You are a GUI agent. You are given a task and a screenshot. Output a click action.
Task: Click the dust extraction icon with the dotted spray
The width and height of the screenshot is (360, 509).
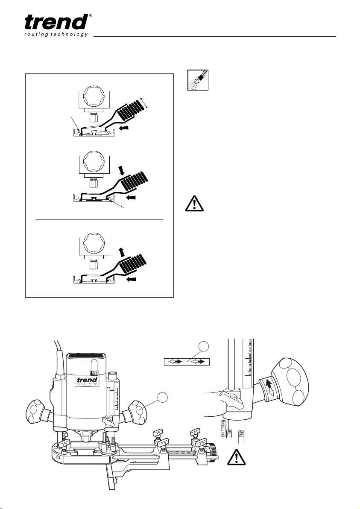197,80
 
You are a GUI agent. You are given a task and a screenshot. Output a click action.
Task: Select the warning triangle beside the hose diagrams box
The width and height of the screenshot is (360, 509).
194,204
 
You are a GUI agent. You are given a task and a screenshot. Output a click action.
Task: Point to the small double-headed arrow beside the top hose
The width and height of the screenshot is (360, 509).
146,102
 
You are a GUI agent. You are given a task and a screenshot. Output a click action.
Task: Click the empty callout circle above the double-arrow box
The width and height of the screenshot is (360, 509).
204,346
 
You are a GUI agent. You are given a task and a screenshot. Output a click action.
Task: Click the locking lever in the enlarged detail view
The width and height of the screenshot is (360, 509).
232,401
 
